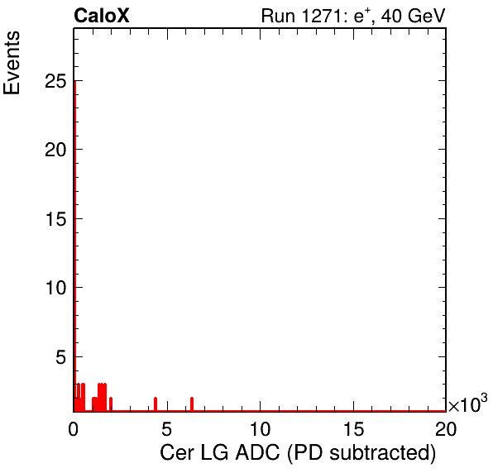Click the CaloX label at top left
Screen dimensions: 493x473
[102, 16]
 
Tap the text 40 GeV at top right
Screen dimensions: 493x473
[413, 16]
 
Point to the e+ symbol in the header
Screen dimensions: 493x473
[362, 16]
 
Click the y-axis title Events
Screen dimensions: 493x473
[12, 63]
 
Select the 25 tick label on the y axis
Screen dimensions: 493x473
[55, 81]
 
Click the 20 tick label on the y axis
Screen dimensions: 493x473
[55, 150]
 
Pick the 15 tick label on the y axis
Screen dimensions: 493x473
[55, 219]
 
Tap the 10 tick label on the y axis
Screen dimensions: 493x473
[55, 288]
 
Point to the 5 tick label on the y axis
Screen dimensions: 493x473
[61, 356]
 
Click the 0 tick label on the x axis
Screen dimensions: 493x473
[74, 428]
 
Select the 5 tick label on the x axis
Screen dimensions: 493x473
[166, 428]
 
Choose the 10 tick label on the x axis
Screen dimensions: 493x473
[260, 428]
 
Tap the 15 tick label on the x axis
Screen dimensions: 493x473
[353, 428]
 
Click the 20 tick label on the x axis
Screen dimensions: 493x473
[446, 428]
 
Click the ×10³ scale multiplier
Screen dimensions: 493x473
[468, 403]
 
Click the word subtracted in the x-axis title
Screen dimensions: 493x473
[383, 453]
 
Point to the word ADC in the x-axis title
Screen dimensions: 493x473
[257, 453]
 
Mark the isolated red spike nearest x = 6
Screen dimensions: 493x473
[192, 404]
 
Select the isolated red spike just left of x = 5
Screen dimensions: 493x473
[156, 404]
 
